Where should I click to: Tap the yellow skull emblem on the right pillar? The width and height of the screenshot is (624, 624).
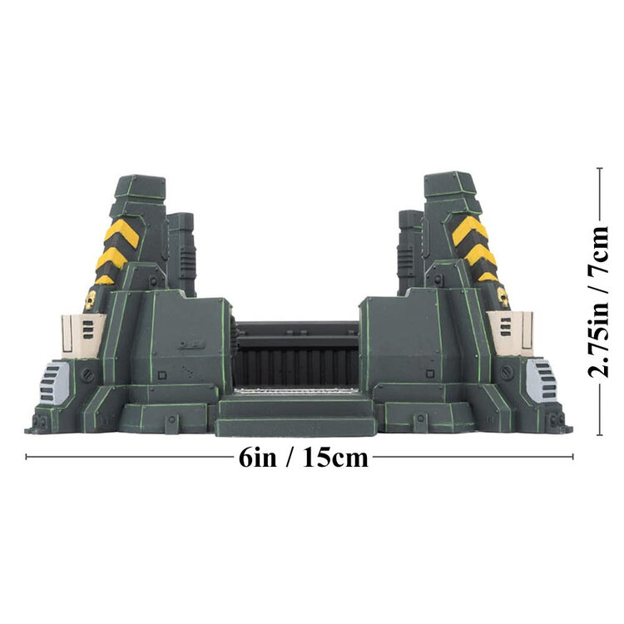pos(502,295)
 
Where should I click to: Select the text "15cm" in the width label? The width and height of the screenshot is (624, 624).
pos(333,457)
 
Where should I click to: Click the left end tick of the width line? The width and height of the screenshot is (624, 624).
pos(27,456)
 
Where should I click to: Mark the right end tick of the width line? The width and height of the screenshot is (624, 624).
pos(573,456)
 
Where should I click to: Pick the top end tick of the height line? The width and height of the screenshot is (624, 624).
pos(601,168)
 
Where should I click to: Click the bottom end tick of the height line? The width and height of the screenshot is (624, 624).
pos(601,434)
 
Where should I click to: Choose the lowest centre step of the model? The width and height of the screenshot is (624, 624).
pos(296,425)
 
